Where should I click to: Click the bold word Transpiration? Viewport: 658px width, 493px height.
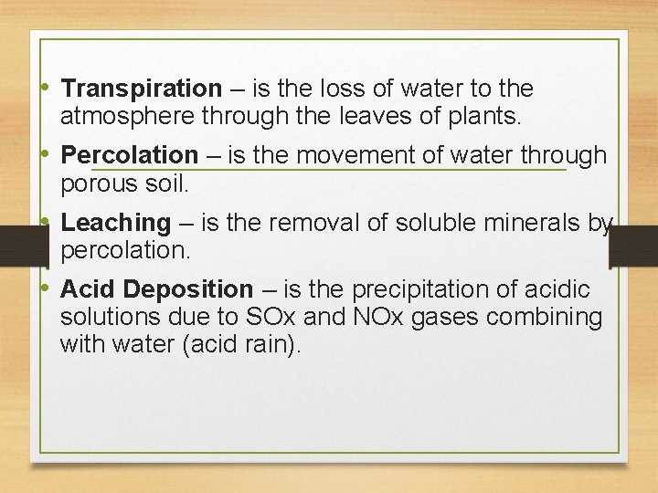point(141,89)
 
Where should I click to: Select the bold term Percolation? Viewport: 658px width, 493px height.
point(129,156)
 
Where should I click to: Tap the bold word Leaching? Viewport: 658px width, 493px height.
point(115,223)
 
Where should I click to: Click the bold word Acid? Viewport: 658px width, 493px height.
point(88,290)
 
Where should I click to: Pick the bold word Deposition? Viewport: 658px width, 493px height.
point(187,290)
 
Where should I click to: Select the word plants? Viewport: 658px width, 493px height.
point(480,116)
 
